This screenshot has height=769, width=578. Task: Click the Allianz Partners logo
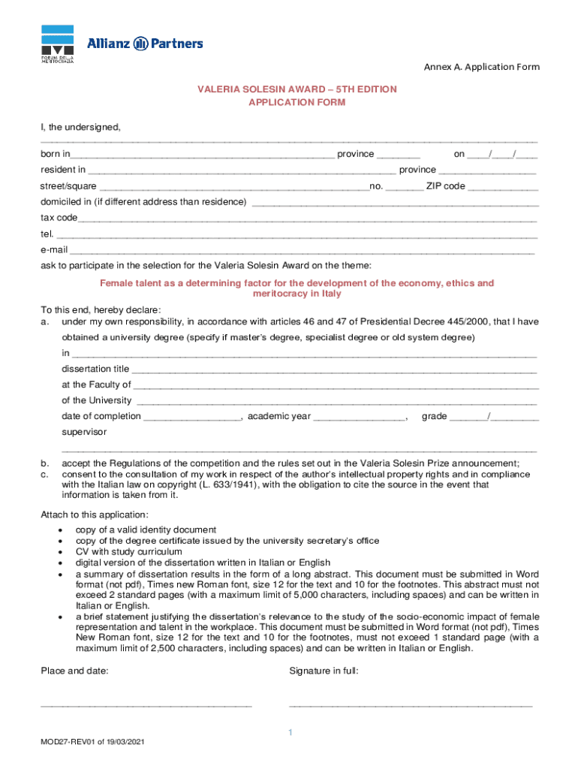coord(145,44)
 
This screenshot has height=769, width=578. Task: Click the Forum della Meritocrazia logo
coord(57,44)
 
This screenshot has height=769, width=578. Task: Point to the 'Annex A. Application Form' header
coord(481,67)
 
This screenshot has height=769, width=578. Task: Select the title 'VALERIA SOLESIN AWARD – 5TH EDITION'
coord(297,89)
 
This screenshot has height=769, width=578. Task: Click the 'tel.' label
coord(47,234)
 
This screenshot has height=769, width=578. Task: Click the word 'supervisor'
coord(84,432)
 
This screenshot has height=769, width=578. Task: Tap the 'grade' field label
coord(434,416)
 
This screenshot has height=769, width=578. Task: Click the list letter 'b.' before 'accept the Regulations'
coord(45,463)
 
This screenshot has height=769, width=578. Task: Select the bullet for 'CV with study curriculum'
coord(59,552)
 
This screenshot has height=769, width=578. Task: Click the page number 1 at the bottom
coord(290,732)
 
